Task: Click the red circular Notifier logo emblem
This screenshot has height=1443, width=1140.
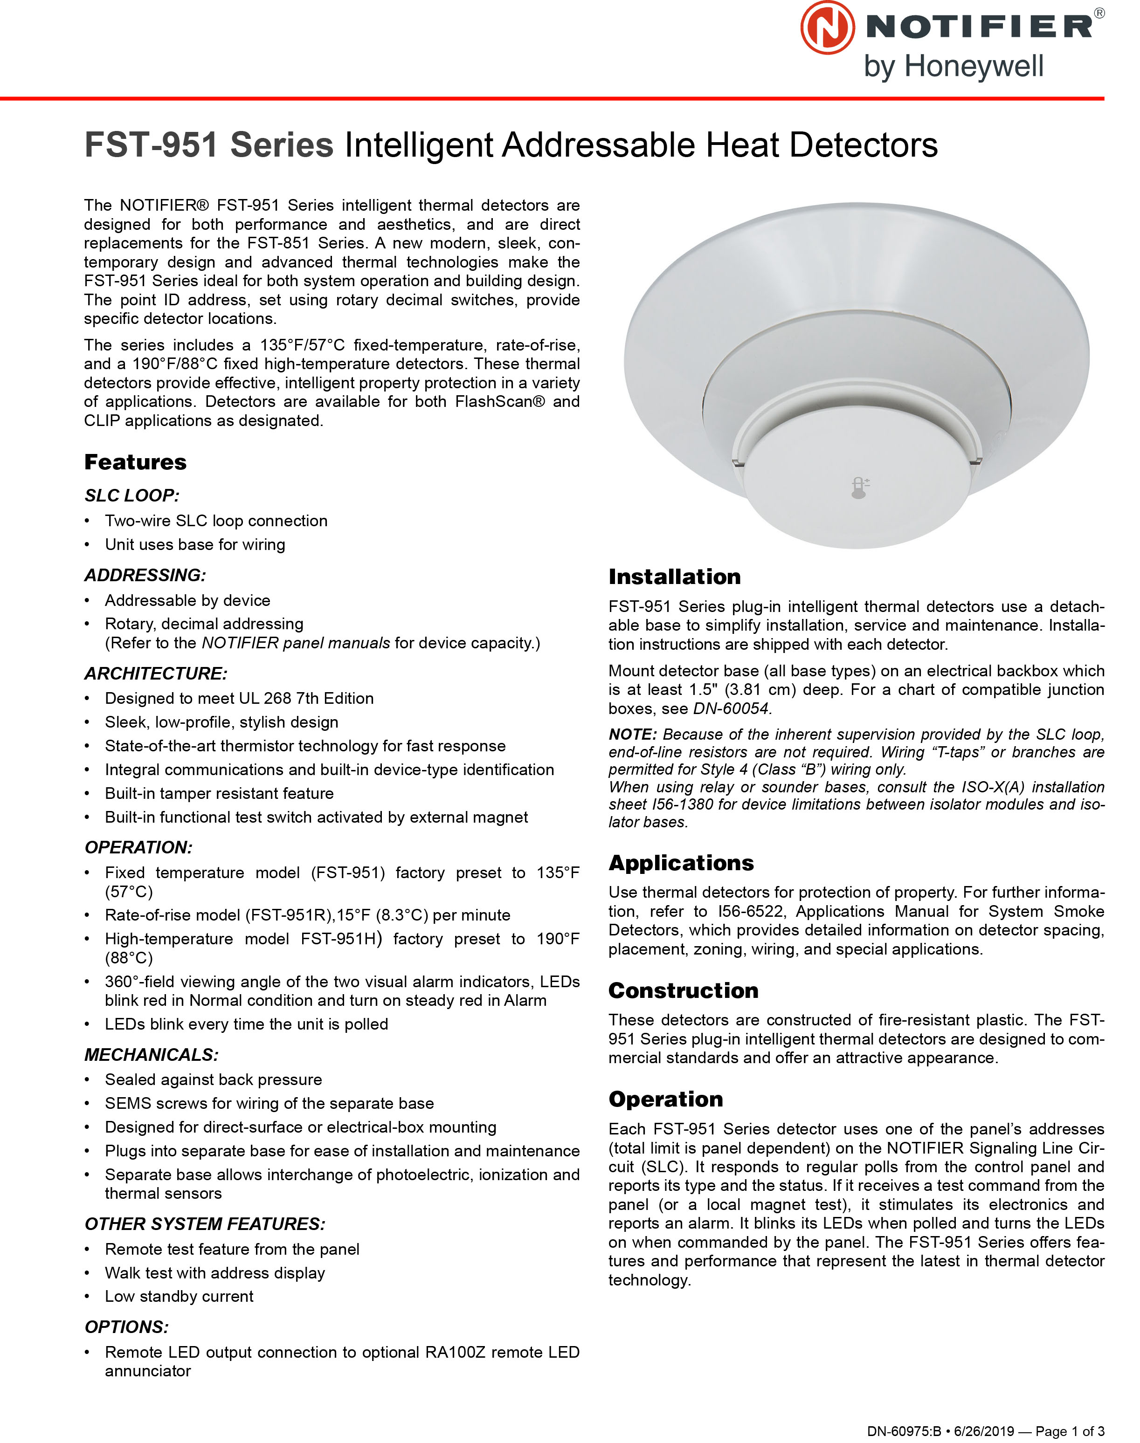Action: [827, 27]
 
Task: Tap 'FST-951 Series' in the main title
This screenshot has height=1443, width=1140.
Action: [209, 145]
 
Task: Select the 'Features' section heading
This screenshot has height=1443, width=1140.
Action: [136, 461]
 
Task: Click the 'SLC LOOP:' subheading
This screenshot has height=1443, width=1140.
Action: [132, 495]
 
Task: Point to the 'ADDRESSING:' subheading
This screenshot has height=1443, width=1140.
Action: [145, 575]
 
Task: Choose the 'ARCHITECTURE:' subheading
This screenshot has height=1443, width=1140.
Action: [156, 674]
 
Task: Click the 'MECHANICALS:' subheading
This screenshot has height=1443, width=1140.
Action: [152, 1055]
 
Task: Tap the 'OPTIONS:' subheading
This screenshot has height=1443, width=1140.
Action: [127, 1327]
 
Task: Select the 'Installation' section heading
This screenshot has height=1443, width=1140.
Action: [674, 577]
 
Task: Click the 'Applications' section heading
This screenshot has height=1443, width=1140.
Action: [681, 863]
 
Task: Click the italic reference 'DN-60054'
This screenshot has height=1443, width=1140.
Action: [732, 708]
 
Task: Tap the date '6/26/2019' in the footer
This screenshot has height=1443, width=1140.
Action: [984, 1431]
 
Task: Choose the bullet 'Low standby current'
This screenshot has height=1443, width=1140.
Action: [179, 1296]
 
